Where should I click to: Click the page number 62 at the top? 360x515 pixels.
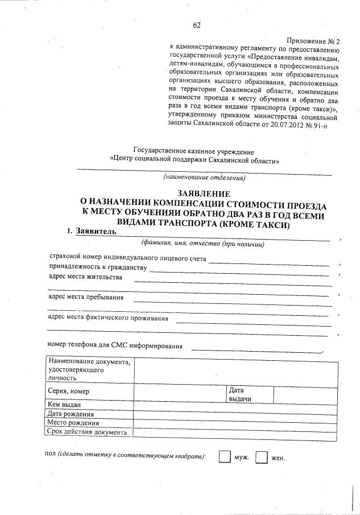(197, 25)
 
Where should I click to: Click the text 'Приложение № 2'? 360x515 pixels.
(313, 42)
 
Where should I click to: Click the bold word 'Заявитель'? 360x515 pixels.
(96, 232)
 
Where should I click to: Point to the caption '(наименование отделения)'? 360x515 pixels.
(204, 178)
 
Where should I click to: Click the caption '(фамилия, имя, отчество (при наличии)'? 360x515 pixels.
(204, 245)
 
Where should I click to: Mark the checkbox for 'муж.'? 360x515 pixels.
(225, 457)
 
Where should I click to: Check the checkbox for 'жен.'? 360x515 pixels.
(262, 457)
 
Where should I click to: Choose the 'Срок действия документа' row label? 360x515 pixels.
(89, 432)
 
